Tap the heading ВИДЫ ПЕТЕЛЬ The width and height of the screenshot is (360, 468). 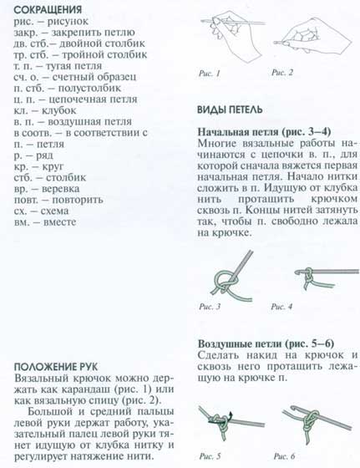(x=230, y=109)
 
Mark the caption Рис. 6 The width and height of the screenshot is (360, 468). (x=284, y=455)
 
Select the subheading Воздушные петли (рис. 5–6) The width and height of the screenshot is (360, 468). (x=266, y=343)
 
